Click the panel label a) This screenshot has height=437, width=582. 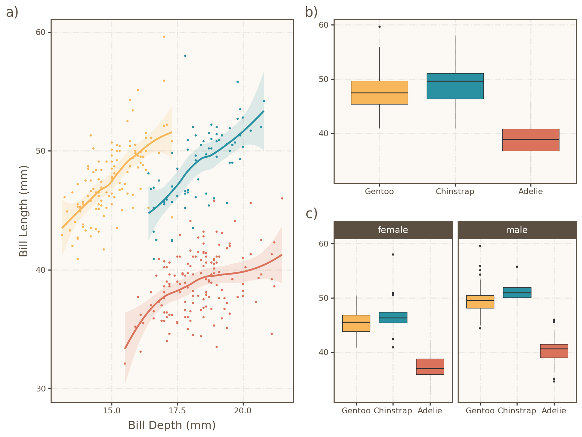tap(12, 12)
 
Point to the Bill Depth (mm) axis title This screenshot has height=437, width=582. tap(172, 425)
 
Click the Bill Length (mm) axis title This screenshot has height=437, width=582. tap(24, 211)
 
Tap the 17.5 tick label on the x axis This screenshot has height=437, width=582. tap(177, 411)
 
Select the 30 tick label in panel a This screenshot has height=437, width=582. tap(40, 389)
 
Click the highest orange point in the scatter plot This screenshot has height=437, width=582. tap(164, 37)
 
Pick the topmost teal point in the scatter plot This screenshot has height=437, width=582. tap(185, 56)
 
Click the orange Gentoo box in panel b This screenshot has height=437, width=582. tap(379, 92)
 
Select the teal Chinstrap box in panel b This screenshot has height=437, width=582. tap(455, 86)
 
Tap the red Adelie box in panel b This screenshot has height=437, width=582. tap(531, 140)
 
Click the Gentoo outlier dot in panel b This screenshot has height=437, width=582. tap(379, 27)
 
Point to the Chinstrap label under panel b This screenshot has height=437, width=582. tap(455, 192)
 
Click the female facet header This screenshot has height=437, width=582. tap(393, 230)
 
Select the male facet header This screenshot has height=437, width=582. tap(517, 230)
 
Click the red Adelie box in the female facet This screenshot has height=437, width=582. tap(430, 367)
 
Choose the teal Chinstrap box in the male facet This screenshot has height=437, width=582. tap(517, 292)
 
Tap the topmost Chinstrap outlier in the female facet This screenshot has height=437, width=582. tap(393, 255)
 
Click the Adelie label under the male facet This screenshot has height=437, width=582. tap(554, 411)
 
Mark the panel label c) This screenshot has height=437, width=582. tap(311, 214)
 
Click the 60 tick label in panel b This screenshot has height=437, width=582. tap(324, 25)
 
